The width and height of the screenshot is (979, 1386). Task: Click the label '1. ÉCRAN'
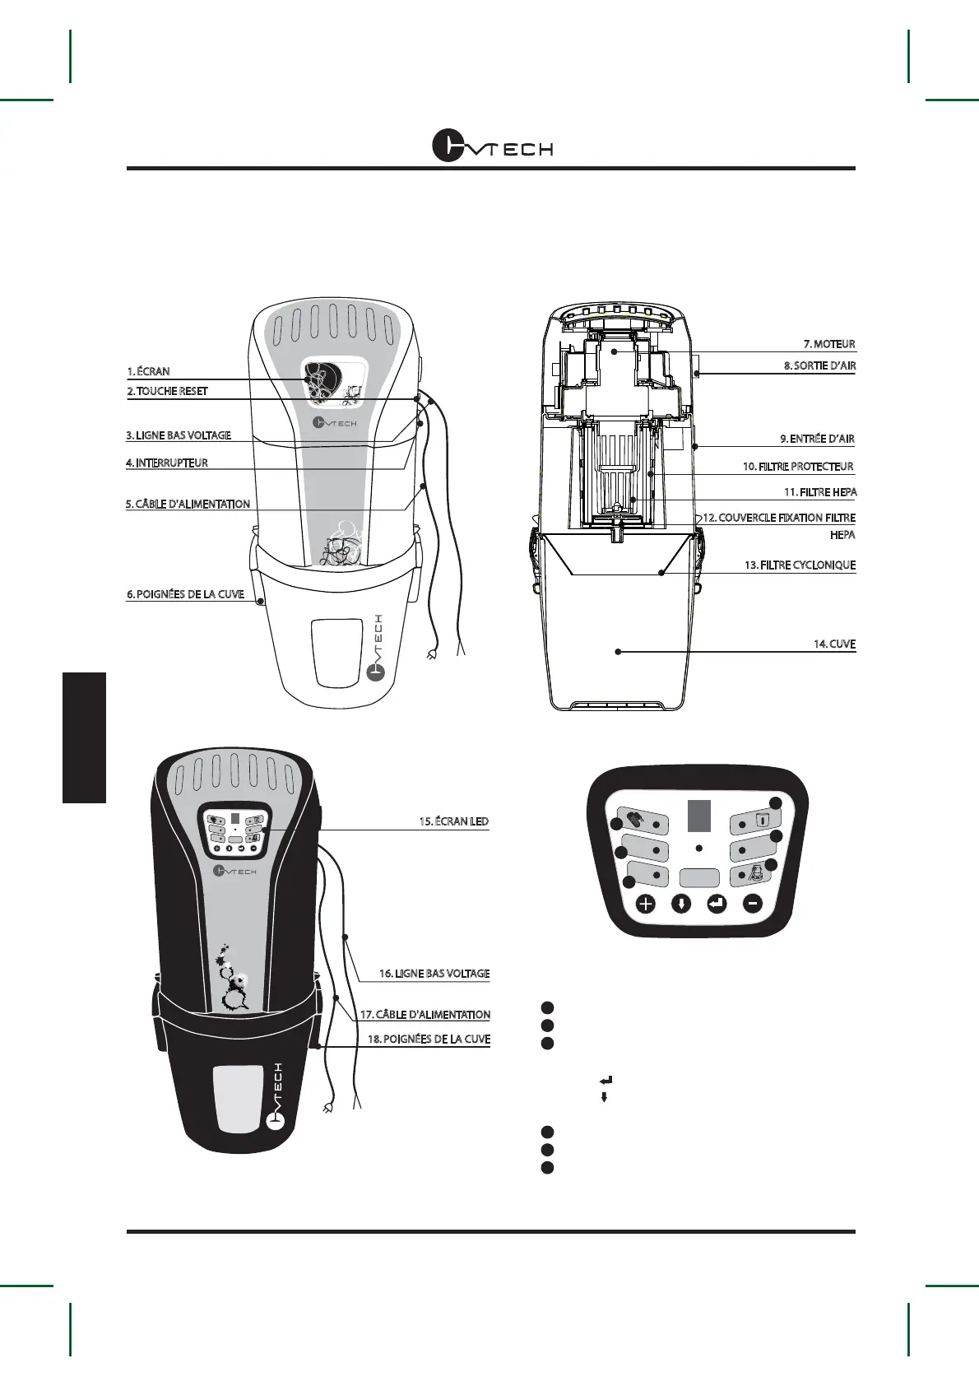tap(149, 371)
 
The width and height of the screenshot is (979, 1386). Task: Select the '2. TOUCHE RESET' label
tap(168, 391)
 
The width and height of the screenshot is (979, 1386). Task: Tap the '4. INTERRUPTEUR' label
tap(167, 463)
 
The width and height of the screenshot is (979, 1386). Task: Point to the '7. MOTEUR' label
tap(829, 344)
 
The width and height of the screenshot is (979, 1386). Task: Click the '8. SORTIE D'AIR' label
tap(819, 365)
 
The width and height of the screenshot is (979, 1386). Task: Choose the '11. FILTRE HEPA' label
tap(820, 492)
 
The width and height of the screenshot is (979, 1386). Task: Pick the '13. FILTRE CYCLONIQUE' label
tap(800, 565)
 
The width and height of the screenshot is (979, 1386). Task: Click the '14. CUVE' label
tap(834, 644)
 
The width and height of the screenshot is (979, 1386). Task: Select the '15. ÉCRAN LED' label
tap(454, 821)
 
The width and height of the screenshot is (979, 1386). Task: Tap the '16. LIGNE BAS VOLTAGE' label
tap(434, 974)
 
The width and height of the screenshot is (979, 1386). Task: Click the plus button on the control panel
tap(646, 904)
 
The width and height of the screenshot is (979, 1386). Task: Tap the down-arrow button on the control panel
tap(681, 904)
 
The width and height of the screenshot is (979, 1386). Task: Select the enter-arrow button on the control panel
tap(717, 904)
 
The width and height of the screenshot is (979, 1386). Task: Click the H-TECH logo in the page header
tap(493, 147)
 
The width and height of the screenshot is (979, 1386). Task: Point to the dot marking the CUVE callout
tap(618, 652)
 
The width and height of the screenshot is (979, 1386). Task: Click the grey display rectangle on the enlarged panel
tap(699, 815)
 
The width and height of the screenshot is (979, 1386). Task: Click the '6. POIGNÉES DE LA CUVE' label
tap(186, 594)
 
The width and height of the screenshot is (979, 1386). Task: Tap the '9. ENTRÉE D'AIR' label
tap(817, 439)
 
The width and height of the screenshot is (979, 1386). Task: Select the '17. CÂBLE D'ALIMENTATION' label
tap(425, 1015)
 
